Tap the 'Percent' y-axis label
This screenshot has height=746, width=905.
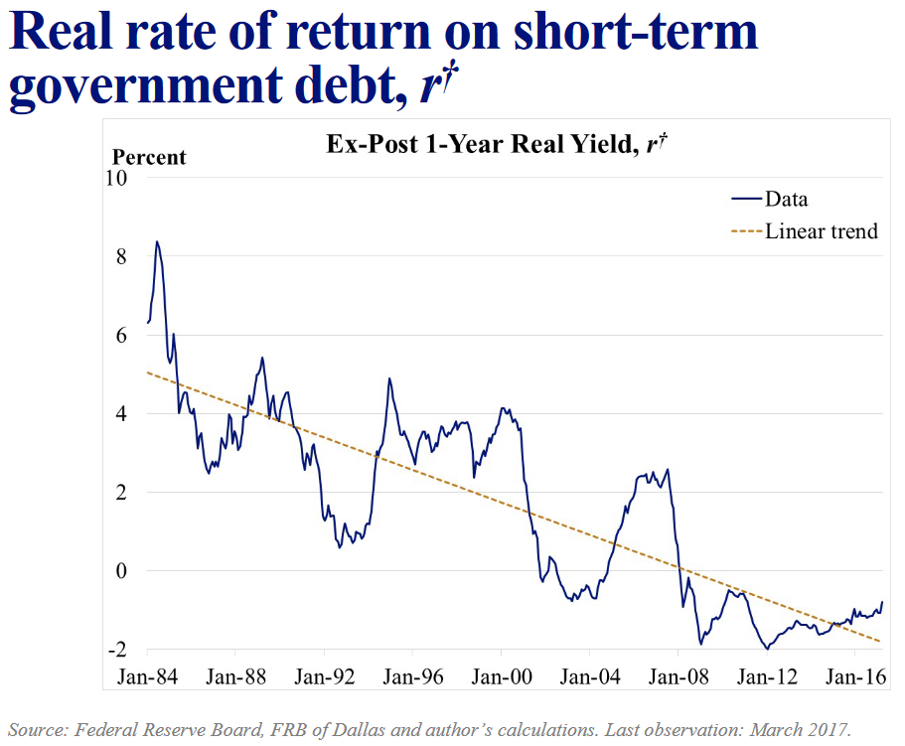coord(149,157)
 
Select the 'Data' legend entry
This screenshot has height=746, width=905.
coord(787,199)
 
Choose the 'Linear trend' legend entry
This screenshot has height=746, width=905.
coord(822,231)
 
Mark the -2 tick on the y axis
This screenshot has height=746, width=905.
coord(119,650)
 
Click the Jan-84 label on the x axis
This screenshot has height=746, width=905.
coord(147,678)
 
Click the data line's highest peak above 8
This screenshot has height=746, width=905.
coord(157,241)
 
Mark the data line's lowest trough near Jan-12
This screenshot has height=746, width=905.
coord(767,649)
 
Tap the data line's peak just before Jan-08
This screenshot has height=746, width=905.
coord(667,469)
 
